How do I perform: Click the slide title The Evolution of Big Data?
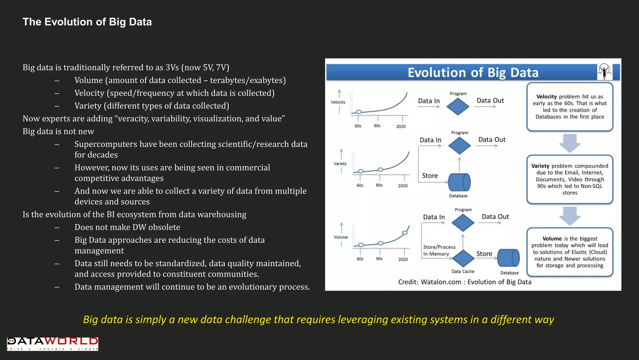(87, 22)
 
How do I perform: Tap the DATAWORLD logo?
(52, 343)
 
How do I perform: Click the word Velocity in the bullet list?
(89, 93)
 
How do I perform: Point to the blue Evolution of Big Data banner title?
(473, 72)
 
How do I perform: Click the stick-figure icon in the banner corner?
(604, 72)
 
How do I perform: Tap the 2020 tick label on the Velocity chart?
(401, 126)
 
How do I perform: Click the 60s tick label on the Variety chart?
(360, 185)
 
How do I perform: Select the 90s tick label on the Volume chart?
(379, 259)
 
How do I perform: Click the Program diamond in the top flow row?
(458, 107)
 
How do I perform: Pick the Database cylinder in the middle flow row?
(459, 182)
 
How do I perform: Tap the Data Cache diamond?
(463, 258)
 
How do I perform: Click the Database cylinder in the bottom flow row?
(508, 258)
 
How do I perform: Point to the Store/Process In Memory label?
(439, 251)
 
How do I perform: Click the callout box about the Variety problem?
(570, 179)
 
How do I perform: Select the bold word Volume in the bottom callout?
(552, 239)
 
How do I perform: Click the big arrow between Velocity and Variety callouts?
(570, 143)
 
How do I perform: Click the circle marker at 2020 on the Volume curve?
(405, 233)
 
